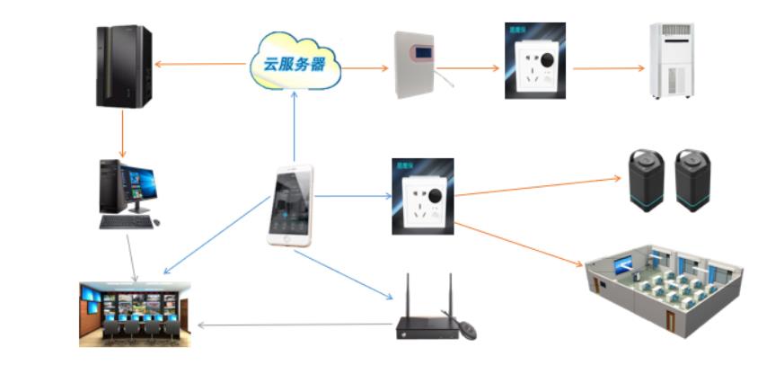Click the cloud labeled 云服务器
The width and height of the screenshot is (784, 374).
pos(295,64)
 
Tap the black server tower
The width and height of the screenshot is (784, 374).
pos(123,67)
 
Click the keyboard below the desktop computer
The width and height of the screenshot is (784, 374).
pos(127,221)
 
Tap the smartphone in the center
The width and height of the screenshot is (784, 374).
pos(291,205)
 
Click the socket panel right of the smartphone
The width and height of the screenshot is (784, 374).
pos(422,197)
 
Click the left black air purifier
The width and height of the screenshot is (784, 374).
pos(646,180)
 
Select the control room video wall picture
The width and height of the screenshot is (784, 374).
pos(135,314)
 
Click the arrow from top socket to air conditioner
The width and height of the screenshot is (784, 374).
pos(608,68)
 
